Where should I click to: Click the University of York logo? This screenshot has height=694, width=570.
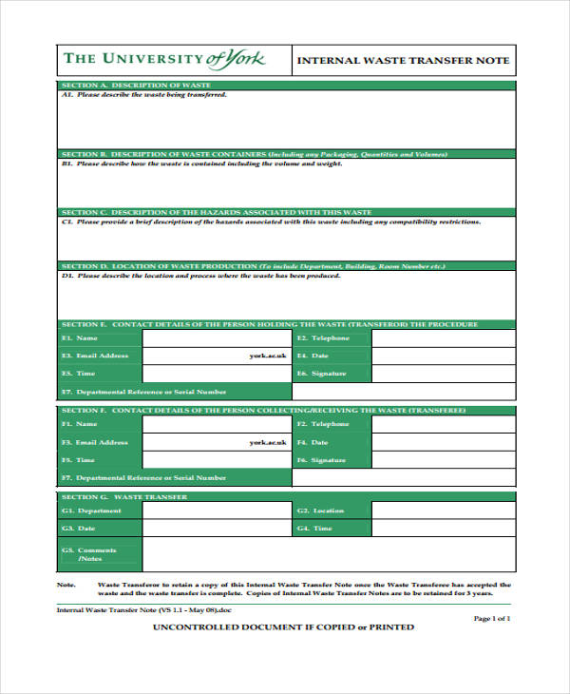(163, 60)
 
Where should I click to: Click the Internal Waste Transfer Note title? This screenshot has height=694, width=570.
(404, 61)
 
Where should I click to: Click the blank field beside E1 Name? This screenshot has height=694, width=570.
(217, 338)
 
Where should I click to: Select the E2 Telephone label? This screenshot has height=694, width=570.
(323, 338)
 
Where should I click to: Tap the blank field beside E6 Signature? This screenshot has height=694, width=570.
(443, 374)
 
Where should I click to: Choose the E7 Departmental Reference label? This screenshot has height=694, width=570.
(144, 392)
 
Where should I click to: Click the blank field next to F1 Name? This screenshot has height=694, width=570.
(217, 424)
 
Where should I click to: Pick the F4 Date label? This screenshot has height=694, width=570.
(313, 442)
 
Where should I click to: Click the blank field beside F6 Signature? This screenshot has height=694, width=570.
(443, 460)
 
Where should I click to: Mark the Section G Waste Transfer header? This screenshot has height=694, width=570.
(124, 496)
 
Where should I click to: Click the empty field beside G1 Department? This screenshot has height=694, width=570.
(217, 511)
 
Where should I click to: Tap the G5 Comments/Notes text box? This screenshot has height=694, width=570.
(328, 554)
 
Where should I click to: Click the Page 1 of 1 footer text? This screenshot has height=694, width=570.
(491, 619)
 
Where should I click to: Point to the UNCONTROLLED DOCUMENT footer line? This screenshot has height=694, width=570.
(284, 627)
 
